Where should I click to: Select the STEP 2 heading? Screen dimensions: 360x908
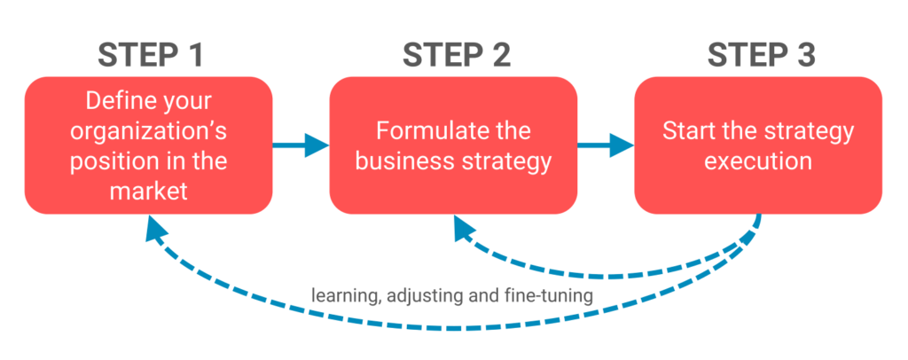(x=456, y=55)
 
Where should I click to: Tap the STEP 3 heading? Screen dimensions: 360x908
(x=761, y=55)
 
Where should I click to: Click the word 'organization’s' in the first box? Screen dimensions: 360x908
(x=149, y=133)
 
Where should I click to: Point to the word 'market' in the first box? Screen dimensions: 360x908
(x=149, y=191)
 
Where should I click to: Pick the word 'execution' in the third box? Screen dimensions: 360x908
(x=759, y=162)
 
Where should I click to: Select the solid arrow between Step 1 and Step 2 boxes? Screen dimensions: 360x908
(x=301, y=145)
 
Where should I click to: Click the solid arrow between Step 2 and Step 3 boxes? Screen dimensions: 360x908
(x=607, y=145)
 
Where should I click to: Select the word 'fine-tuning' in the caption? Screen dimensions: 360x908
(x=550, y=295)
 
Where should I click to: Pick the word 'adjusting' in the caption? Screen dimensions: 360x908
(x=424, y=295)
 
